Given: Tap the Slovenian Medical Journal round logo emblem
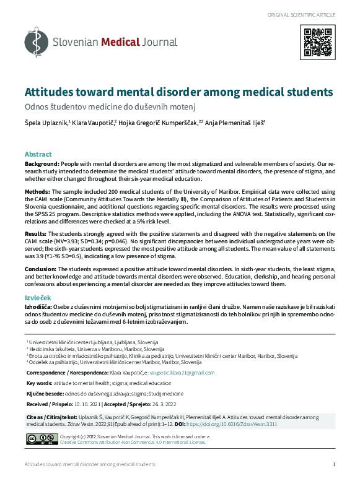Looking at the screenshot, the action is click(x=36, y=42).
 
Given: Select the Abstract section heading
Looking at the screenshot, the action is click(x=38, y=154).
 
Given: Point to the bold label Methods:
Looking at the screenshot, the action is click(x=37, y=192).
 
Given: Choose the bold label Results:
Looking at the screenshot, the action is click(x=37, y=226).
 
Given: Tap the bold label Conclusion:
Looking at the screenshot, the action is click(x=40, y=269).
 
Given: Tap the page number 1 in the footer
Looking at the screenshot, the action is click(x=334, y=464).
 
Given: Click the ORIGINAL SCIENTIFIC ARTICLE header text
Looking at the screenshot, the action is click(x=302, y=14).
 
